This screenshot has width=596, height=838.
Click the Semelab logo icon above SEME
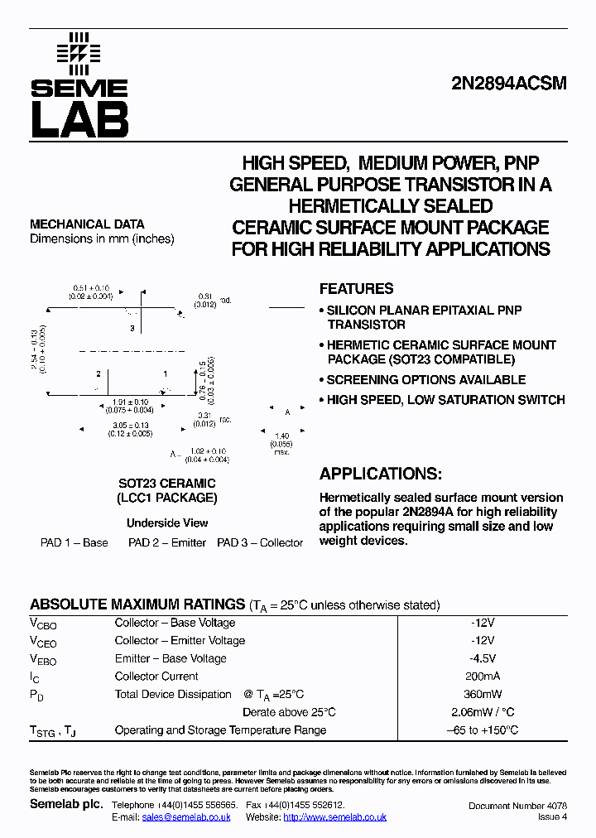coord(79,51)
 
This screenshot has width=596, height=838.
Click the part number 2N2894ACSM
coord(508,84)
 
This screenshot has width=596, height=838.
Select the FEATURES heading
coord(356,289)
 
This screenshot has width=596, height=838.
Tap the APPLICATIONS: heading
coord(380,474)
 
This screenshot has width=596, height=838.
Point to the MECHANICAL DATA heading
coord(87,224)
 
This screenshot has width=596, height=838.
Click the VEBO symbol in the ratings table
coord(43,659)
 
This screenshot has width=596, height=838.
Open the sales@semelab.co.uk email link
coord(186,816)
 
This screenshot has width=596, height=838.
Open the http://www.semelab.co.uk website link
coord(334,816)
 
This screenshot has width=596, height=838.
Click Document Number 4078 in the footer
coord(517,806)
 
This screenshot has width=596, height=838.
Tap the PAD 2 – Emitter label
coord(167,543)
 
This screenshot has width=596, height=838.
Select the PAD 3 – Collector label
coord(260,543)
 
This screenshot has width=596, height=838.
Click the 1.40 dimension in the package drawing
coord(281,436)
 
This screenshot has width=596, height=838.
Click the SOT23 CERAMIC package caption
coord(166,484)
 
